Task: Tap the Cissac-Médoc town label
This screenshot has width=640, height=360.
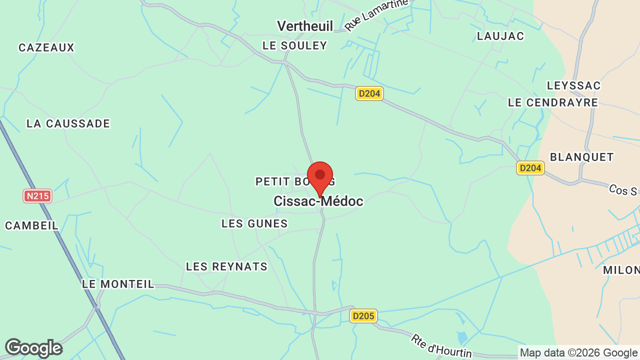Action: point(318,201)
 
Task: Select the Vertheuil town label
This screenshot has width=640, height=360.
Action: point(305,26)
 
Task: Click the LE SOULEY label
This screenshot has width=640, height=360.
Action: point(294,45)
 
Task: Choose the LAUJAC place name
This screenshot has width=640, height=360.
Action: point(500,36)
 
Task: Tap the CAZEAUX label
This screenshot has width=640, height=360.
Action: point(46,47)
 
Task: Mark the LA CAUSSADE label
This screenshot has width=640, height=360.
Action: point(68,123)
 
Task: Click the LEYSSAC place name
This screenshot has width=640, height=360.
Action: point(573,85)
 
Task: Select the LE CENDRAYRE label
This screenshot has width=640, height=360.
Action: point(552,102)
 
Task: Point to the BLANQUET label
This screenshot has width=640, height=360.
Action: point(581,157)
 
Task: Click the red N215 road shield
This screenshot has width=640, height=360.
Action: point(37,196)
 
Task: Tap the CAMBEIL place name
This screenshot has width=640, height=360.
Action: point(31,225)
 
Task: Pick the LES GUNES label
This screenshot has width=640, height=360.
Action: point(254,223)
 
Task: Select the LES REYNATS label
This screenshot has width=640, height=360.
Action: point(226,266)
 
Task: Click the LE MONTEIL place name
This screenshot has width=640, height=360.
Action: point(118,284)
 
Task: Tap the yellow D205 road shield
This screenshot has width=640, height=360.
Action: point(363,316)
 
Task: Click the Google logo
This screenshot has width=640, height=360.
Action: point(33,348)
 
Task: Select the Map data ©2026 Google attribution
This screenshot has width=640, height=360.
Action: point(579,352)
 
